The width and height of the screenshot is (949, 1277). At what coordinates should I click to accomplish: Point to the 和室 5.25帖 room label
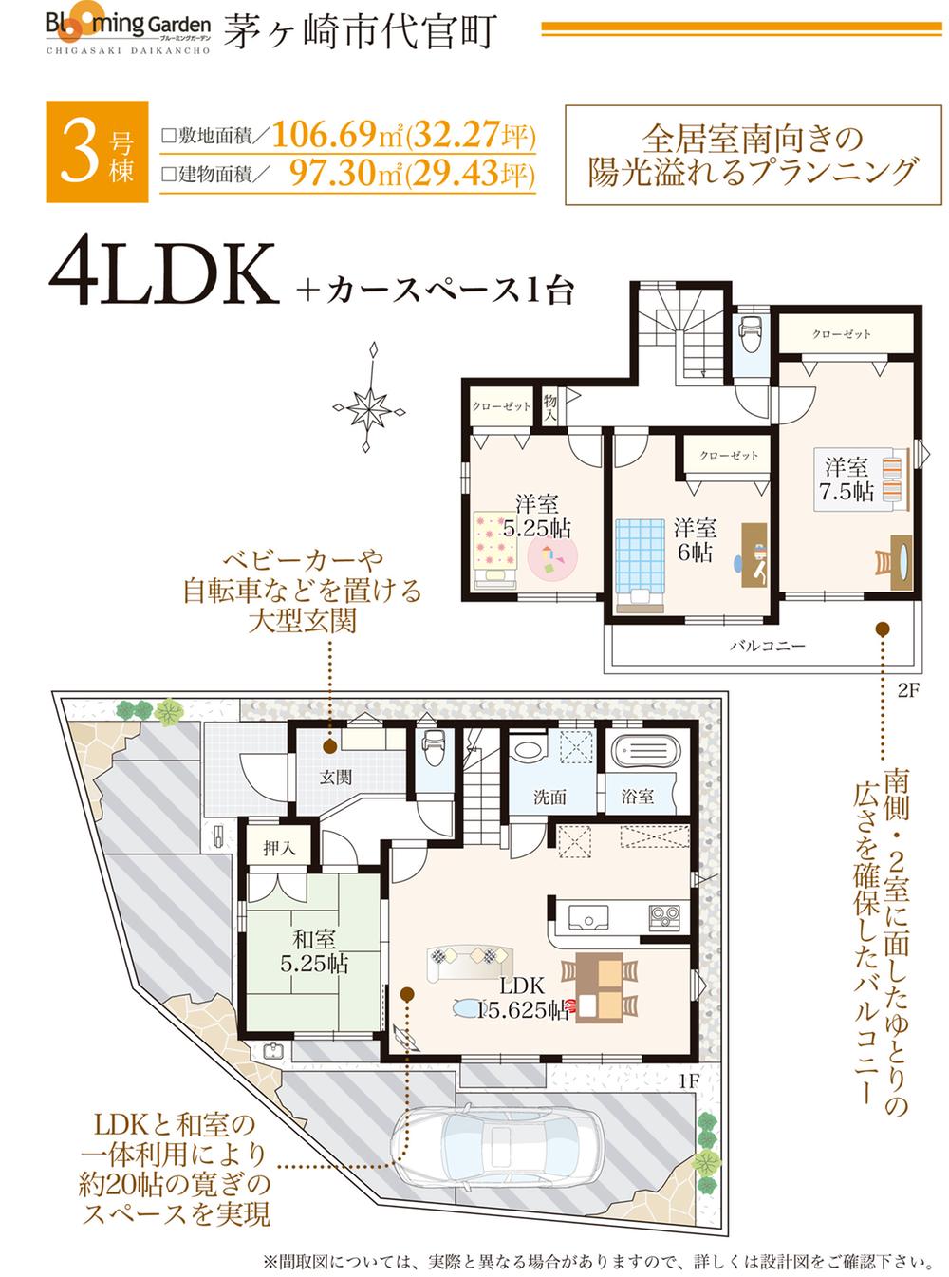314,951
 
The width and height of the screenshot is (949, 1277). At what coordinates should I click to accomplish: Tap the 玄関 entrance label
336,777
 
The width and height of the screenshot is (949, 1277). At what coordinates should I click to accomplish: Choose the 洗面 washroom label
549,797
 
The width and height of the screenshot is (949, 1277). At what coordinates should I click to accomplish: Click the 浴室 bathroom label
638,796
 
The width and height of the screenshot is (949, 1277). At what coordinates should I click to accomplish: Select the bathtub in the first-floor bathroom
645,752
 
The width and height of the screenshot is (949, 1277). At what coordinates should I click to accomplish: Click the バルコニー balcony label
768,646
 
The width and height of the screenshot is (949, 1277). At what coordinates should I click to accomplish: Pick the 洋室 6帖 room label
695,539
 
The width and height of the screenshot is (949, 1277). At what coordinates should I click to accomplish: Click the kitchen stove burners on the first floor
664,917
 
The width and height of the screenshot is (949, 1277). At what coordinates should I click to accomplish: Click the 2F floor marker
908,691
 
